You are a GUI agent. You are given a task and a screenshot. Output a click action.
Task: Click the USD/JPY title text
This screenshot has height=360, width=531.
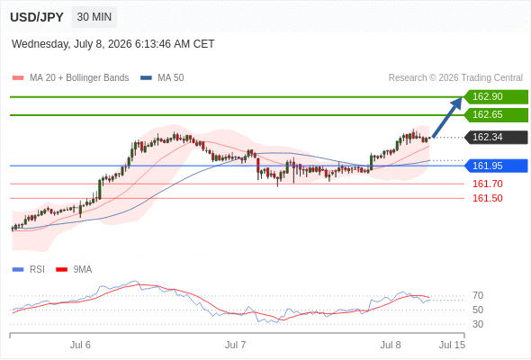click(37, 17)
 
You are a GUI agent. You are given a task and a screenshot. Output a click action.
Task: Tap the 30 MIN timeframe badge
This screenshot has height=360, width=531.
click(94, 17)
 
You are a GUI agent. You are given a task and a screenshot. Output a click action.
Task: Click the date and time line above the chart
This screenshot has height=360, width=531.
click(112, 44)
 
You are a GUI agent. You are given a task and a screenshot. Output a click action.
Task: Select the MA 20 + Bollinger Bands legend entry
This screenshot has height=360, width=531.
click(70, 78)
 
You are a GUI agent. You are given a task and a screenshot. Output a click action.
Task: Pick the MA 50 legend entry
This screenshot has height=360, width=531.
click(162, 78)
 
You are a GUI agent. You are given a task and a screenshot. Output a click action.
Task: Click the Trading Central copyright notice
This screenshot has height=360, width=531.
click(455, 78)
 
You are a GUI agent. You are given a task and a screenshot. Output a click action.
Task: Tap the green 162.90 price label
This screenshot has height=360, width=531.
click(496, 97)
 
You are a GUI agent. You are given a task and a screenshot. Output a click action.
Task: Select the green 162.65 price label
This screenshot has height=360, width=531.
click(496, 115)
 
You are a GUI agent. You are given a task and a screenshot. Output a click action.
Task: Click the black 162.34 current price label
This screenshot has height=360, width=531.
click(496, 137)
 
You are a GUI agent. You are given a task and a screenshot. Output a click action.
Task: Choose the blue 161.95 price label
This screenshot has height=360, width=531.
click(496, 166)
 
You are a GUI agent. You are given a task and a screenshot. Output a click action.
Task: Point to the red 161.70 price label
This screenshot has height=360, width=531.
click(487, 184)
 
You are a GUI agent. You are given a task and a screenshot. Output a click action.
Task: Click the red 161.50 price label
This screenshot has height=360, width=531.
click(487, 198)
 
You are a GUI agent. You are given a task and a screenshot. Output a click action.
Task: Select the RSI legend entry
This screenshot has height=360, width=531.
click(29, 270)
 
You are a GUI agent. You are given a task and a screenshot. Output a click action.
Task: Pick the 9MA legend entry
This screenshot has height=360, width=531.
click(74, 270)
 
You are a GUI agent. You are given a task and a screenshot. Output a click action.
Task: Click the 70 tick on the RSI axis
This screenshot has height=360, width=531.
click(478, 296)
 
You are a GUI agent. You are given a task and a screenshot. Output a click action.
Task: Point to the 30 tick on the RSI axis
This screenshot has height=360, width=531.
click(478, 324)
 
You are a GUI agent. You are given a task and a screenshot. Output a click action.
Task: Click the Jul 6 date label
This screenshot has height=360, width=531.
click(80, 345)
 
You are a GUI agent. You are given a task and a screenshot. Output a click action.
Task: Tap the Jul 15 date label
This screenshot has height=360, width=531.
click(452, 345)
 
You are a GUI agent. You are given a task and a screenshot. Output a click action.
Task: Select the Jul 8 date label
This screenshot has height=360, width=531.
click(391, 345)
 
